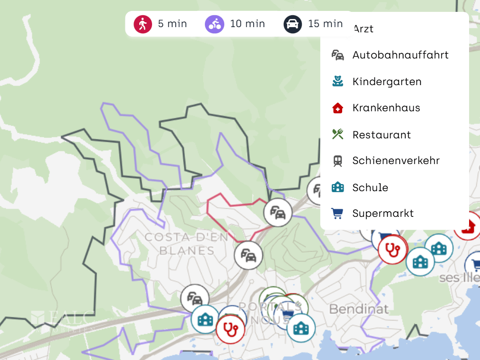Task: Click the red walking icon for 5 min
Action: click(143, 24)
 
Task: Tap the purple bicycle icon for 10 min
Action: click(214, 24)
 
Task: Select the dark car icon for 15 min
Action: click(293, 24)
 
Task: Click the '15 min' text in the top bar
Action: click(325, 24)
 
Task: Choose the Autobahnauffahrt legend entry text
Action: click(400, 55)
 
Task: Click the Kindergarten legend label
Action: click(387, 82)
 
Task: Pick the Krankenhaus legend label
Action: click(386, 108)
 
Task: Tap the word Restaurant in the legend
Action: click(381, 135)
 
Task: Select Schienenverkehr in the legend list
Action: click(396, 161)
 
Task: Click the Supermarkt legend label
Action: click(383, 214)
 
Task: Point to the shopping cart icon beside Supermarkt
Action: click(337, 214)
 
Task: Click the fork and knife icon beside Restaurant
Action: click(337, 135)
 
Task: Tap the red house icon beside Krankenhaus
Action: click(337, 108)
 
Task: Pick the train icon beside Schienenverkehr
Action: click(337, 161)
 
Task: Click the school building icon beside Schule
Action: click(337, 187)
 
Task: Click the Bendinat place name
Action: click(359, 309)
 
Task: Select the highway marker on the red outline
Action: click(277, 212)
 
